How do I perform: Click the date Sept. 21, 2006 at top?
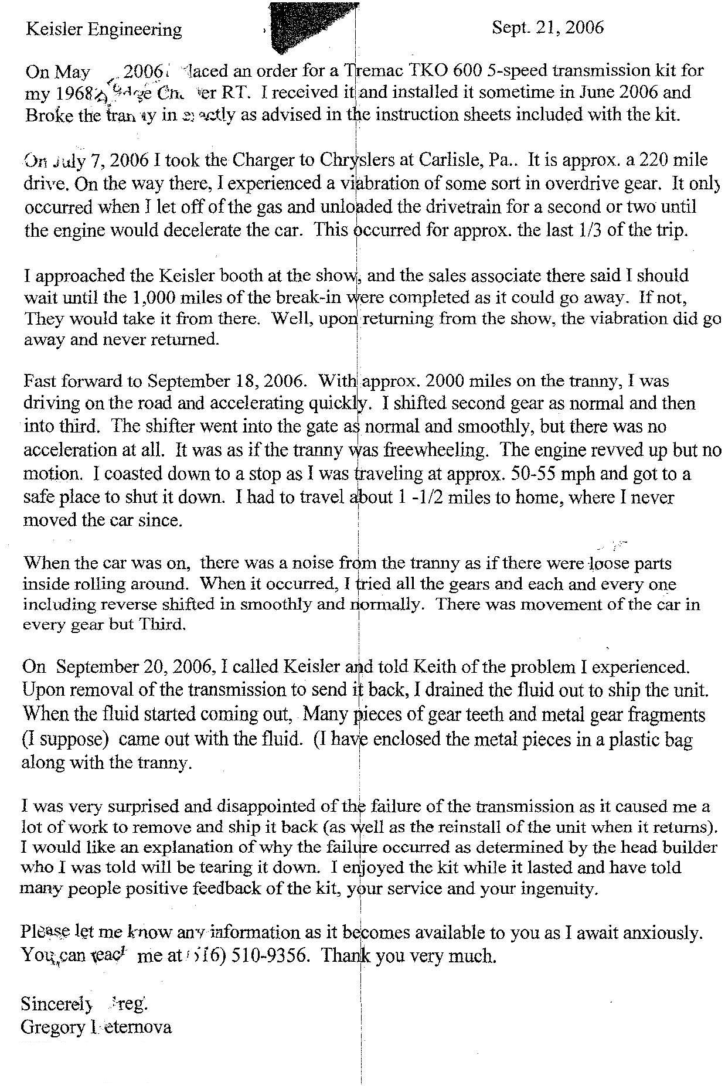[x=547, y=28]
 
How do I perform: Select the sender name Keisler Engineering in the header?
[x=104, y=29]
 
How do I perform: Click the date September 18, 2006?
[x=226, y=381]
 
